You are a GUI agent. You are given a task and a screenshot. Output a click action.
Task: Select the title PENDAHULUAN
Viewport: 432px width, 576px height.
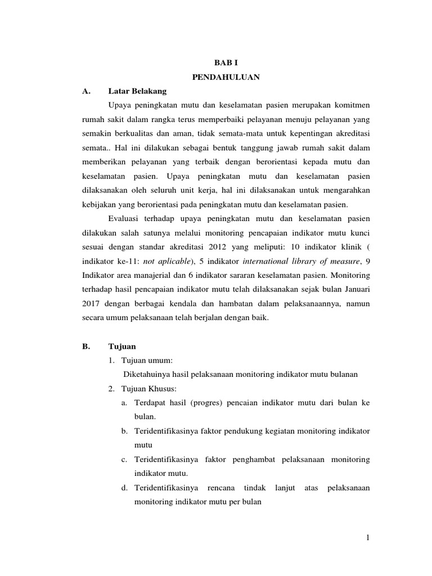pos(226,78)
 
